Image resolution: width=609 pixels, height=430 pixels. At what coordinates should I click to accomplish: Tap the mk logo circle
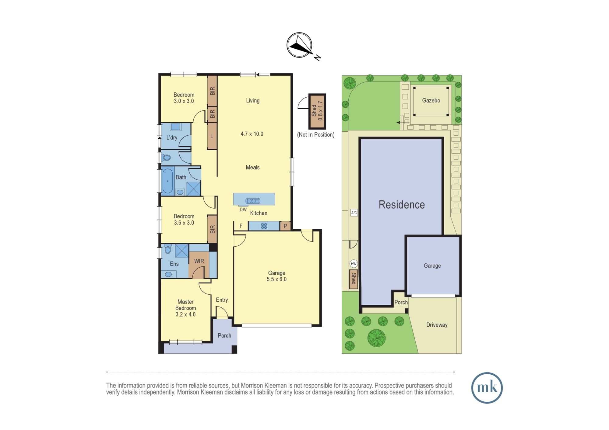tap(487, 388)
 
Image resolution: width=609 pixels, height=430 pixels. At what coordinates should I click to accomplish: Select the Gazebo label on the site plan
tap(431, 100)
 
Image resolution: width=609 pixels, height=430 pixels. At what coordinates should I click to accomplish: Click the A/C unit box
tap(354, 213)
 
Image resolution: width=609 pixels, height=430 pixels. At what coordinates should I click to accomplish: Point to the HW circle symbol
tap(354, 264)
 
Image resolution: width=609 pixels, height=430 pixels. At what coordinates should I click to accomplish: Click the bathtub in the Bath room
tap(167, 181)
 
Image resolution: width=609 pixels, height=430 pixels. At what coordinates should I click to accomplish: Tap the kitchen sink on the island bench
tap(253, 201)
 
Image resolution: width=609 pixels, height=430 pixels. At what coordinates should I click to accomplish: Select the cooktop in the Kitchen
tap(264, 226)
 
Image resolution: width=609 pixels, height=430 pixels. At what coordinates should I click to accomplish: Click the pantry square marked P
tap(285, 226)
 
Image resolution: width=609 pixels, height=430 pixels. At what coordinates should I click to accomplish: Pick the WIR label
tap(199, 261)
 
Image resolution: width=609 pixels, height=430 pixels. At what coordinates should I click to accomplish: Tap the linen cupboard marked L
tap(212, 136)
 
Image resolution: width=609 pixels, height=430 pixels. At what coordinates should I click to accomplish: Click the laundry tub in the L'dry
tap(175, 127)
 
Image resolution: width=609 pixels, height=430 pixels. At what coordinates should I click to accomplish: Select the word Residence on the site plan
tap(402, 205)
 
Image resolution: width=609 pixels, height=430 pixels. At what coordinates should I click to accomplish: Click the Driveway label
tap(437, 325)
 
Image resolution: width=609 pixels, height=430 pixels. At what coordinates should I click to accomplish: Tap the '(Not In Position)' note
tap(316, 135)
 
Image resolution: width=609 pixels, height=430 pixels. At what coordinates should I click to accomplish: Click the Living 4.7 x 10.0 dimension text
tap(252, 134)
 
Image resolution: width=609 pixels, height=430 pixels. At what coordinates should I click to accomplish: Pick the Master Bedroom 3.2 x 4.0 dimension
tap(185, 314)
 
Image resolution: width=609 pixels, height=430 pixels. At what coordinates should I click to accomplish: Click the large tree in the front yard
tap(376, 338)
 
